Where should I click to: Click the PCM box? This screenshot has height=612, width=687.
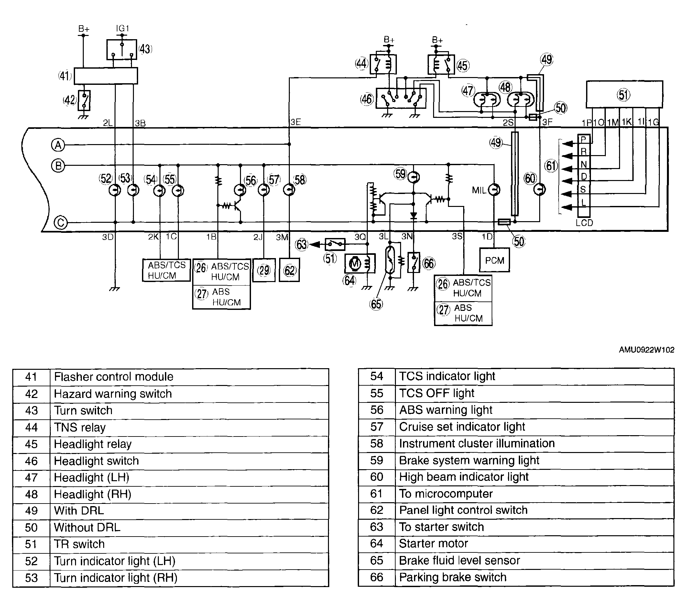495,260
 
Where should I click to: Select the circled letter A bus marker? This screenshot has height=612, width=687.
58,145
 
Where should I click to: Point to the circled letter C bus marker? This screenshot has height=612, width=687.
61,223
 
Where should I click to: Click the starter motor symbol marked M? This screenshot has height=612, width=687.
354,264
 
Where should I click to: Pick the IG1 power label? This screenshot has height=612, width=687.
122,28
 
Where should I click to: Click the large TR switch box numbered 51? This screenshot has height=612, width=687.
625,94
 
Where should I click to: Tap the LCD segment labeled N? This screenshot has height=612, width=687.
584,164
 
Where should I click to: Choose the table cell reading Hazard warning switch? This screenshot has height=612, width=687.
189,394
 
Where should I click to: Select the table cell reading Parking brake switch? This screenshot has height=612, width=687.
534,577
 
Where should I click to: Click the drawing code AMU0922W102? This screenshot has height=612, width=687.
646,350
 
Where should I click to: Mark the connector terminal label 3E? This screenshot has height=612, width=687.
295,122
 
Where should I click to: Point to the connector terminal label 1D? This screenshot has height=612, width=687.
487,236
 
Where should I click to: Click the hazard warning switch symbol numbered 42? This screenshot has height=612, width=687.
84,100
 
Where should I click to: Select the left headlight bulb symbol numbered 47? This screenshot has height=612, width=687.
487,100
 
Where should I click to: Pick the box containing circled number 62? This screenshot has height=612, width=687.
289,270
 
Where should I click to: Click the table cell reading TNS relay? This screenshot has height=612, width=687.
189,427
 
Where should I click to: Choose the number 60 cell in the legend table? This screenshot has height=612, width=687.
377,477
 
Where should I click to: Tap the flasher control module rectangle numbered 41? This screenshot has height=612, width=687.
105,76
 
